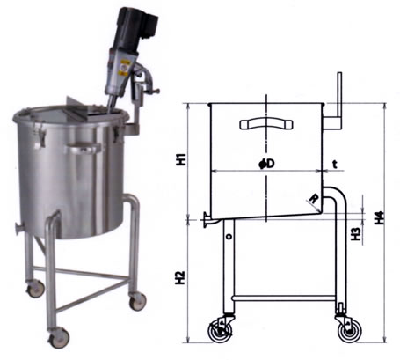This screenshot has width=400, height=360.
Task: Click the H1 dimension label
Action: pyautogui.click(x=182, y=158)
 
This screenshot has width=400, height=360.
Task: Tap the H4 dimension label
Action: pyautogui.click(x=380, y=217)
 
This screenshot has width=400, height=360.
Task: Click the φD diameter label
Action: pyautogui.click(x=267, y=164)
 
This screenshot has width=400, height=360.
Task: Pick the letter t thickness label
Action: pyautogui.click(x=335, y=165)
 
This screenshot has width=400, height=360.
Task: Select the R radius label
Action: pyautogui.click(x=314, y=199)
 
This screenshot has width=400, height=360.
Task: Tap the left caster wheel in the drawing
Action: pyautogui.click(x=220, y=331)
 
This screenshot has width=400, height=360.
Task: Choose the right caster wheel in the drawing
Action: pyautogui.click(x=350, y=332)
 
